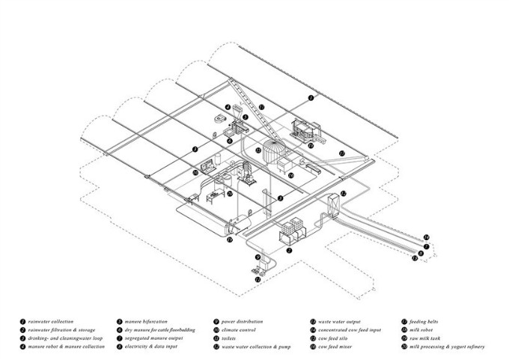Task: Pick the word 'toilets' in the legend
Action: pos(233,338)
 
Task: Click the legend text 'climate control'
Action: pos(240,329)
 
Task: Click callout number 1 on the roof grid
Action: pos(310,98)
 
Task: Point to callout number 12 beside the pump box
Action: pos(344,193)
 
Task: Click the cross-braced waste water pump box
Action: pos(332,206)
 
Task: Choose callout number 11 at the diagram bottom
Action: pos(257,279)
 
